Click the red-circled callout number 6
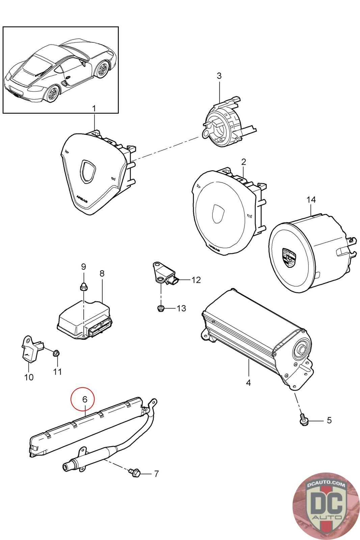pos(85,399)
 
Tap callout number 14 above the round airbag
pos(311,200)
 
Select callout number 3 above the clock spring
pos(219,76)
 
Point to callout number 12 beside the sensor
pos(196,280)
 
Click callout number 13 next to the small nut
pos(181,308)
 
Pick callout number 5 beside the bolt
pos(329,420)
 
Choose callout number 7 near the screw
pos(156,474)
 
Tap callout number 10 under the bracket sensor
pos(29,377)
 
